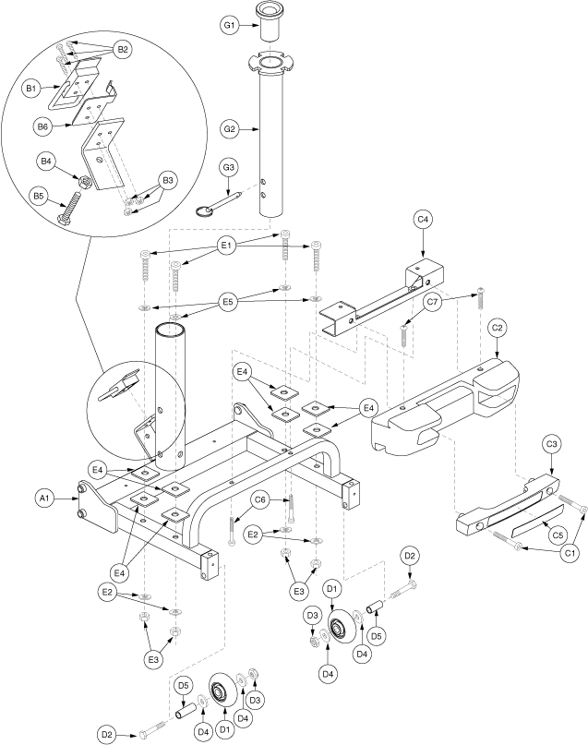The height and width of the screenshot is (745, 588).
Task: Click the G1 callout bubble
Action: click(230, 25)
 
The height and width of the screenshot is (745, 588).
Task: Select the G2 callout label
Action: click(230, 128)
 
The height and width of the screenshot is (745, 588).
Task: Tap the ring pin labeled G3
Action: click(220, 203)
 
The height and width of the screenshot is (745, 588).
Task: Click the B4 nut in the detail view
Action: click(85, 182)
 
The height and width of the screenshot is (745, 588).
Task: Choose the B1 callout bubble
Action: click(30, 89)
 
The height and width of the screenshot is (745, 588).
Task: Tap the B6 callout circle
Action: click(42, 126)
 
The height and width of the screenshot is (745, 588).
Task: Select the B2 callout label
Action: click(123, 51)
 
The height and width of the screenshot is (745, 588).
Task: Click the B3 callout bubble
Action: click(168, 181)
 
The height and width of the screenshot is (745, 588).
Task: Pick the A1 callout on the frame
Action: click(44, 498)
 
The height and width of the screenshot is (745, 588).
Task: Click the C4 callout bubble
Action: click(423, 220)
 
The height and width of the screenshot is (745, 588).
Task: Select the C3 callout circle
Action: click(551, 444)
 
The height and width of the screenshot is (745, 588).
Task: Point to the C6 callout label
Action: click(260, 499)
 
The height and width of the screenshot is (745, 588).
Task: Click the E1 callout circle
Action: click(226, 246)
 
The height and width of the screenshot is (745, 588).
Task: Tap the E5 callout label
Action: click(228, 303)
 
